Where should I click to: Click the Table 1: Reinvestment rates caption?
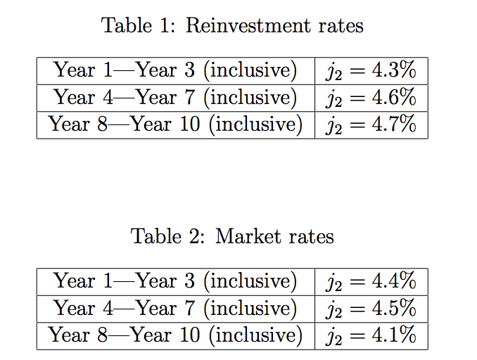tap(232, 26)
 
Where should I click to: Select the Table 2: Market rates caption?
tap(232, 236)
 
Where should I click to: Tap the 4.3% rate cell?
tap(371, 70)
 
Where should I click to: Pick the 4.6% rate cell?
tap(371, 97)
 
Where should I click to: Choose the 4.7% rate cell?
tap(371, 124)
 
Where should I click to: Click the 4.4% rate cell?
tap(371, 281)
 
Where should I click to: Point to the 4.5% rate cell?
tap(371, 308)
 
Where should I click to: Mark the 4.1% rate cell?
tap(371, 335)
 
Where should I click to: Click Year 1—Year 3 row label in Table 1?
tap(175, 70)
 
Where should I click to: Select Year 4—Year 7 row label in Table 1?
tap(175, 97)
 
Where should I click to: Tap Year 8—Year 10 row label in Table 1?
tap(175, 124)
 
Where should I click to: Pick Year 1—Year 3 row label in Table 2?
tap(175, 281)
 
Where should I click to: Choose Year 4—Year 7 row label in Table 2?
tap(175, 308)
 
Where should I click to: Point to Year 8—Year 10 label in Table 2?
tap(175, 335)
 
